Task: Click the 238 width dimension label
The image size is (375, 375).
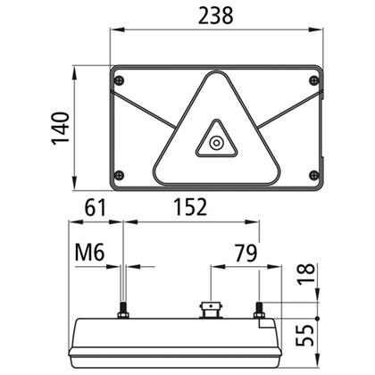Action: click(x=216, y=15)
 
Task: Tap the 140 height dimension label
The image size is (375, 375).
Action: click(x=61, y=129)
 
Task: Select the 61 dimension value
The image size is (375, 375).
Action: click(x=96, y=207)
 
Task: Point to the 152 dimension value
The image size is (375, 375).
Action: click(x=190, y=207)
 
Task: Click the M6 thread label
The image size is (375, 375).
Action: click(x=89, y=253)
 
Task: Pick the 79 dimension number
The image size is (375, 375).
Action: click(x=246, y=254)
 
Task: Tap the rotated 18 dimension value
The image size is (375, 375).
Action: click(x=306, y=274)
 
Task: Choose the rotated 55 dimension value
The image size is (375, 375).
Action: click(x=304, y=336)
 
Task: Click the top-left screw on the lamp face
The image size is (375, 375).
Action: click(x=119, y=80)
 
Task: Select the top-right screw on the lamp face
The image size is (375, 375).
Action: click(x=314, y=80)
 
